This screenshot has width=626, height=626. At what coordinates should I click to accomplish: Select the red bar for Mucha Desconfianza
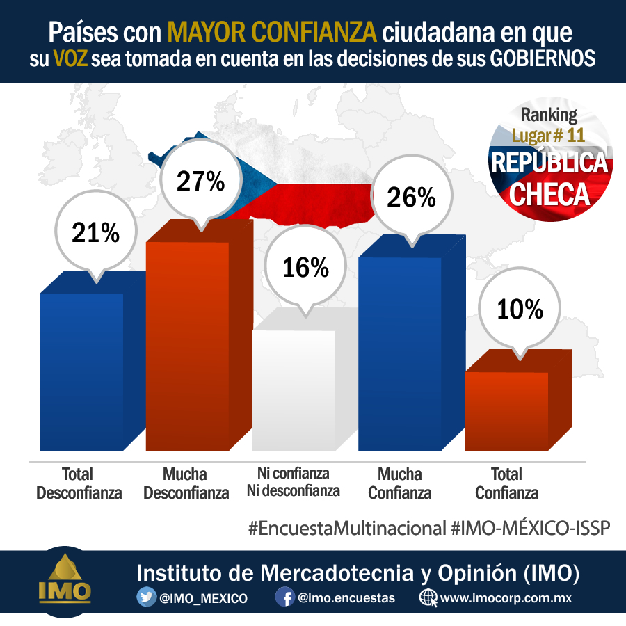(199, 335)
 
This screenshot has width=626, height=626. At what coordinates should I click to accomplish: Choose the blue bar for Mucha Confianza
(412, 344)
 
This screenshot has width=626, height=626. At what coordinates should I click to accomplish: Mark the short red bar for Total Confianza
(518, 401)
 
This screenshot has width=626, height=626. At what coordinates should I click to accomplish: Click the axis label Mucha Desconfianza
(186, 483)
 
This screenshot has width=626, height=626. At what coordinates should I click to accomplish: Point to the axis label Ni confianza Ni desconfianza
(294, 482)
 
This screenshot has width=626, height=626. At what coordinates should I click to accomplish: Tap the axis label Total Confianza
(506, 483)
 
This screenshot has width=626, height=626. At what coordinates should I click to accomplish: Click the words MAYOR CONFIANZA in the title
(272, 32)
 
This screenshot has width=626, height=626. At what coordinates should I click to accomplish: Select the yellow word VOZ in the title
(70, 58)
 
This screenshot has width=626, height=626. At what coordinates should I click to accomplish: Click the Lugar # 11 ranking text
(549, 136)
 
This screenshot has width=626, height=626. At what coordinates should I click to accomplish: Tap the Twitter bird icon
(146, 597)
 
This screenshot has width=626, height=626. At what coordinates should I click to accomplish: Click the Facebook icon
(285, 597)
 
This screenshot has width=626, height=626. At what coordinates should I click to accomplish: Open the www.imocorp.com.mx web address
(506, 598)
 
